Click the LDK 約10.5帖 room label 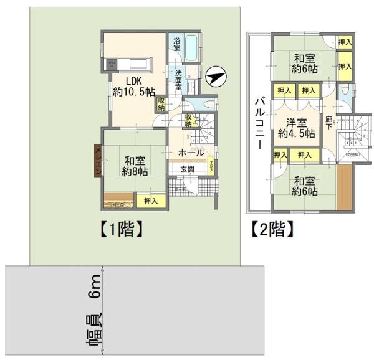pos(133,86)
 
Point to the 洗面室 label pos(177,79)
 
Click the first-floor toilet pos(209,103)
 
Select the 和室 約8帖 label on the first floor pos(135,165)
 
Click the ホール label pos(191,153)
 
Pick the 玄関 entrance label pos(188,169)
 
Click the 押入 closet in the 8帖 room pos(150,201)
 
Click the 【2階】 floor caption pos(272,229)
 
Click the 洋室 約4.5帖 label pos(292,127)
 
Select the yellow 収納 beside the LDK pos(161,103)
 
